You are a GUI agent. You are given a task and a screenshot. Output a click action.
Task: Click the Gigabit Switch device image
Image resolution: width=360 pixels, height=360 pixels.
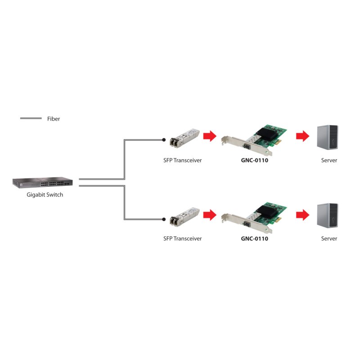42,183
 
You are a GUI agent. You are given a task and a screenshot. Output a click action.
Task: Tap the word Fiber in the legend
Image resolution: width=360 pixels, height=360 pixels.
53,119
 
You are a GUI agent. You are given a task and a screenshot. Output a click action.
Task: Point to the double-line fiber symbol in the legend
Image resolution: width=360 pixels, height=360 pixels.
31,119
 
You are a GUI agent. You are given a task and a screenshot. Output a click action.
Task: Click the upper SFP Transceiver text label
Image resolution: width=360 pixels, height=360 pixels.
182,160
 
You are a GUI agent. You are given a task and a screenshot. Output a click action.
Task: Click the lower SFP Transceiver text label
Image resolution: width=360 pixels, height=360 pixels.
182,238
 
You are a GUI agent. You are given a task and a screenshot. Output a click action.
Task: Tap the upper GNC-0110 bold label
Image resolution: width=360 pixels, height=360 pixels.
254,160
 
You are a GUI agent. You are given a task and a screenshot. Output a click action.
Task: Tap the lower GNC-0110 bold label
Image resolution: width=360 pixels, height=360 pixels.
254,238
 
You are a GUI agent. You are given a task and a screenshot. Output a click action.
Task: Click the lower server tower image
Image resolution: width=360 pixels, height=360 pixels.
327,216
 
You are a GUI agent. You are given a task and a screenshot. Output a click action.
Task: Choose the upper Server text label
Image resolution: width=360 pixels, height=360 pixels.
329,160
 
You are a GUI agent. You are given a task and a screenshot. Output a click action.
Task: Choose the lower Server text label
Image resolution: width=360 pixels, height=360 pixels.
329,238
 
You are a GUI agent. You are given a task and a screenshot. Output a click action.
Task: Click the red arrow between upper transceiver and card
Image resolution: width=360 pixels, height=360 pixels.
210,136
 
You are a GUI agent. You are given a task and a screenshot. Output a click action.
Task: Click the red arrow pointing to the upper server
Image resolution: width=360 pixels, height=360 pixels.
303,136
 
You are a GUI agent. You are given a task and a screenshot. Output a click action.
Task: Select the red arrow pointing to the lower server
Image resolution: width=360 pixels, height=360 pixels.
303,215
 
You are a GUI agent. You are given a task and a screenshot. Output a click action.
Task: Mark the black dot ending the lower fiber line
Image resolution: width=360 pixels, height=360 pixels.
164,219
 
